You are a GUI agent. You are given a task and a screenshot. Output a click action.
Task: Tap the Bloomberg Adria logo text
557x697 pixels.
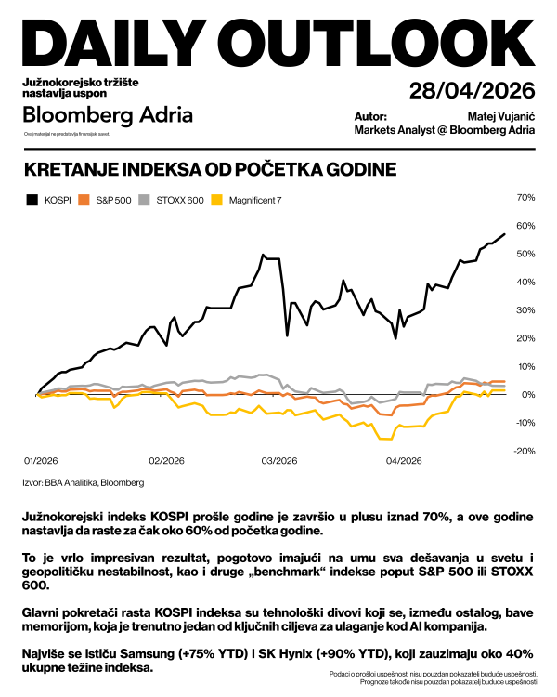point(108,115)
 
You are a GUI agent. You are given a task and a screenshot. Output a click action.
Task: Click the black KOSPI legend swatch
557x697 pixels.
point(32,200)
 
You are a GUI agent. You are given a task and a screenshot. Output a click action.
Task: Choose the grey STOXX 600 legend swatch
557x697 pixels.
point(144,200)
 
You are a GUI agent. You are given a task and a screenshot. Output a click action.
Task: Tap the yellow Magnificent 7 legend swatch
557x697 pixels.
point(217,200)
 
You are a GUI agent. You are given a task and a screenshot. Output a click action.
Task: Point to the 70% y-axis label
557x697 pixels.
point(525,198)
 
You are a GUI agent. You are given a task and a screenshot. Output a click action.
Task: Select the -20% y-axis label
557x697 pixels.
point(525,452)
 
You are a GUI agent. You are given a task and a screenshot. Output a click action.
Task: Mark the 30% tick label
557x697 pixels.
point(525,310)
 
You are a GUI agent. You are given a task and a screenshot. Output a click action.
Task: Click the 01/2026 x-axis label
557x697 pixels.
point(40,460)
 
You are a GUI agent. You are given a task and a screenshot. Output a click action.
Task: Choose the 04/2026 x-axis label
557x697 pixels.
point(403,460)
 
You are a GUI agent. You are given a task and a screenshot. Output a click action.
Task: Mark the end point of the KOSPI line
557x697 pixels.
point(504,234)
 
